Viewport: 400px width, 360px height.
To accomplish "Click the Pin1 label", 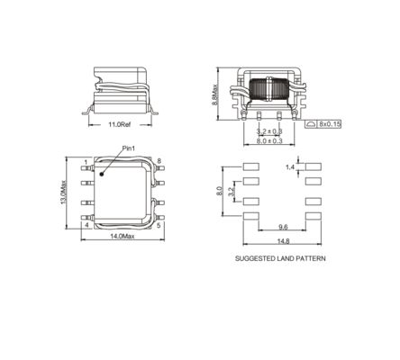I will pyautogui.click(x=128, y=148).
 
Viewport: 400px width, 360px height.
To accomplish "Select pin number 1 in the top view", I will pyautogui.click(x=86, y=162).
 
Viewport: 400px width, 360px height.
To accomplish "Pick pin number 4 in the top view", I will pyautogui.click(x=86, y=226).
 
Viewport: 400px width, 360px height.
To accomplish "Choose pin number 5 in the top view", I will pyautogui.click(x=159, y=226).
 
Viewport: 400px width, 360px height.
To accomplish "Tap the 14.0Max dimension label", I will pyautogui.click(x=122, y=237).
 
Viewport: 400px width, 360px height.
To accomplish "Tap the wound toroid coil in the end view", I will pyautogui.click(x=268, y=91).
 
